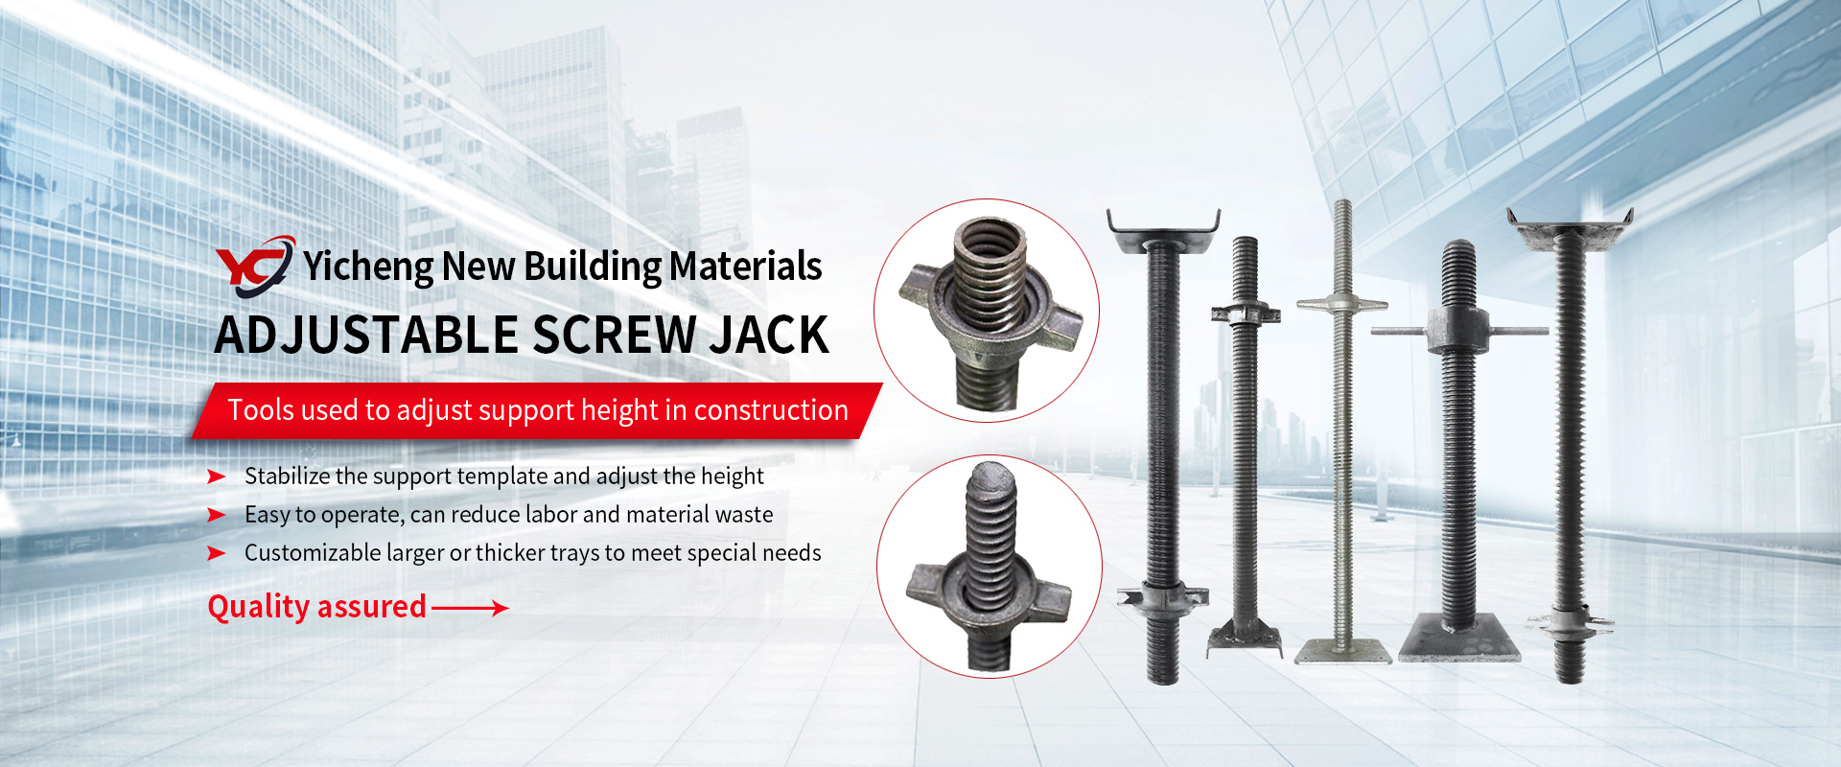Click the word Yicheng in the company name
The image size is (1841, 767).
pyautogui.click(x=368, y=267)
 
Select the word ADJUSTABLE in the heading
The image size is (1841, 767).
pyautogui.click(x=366, y=335)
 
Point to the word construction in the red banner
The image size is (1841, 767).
pyautogui.click(x=771, y=410)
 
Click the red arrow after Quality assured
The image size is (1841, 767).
pyautogui.click(x=470, y=607)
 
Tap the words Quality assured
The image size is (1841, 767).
pyautogui.click(x=317, y=607)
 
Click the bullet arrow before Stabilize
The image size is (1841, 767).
pyautogui.click(x=217, y=476)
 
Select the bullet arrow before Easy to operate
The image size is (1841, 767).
pyautogui.click(x=217, y=515)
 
